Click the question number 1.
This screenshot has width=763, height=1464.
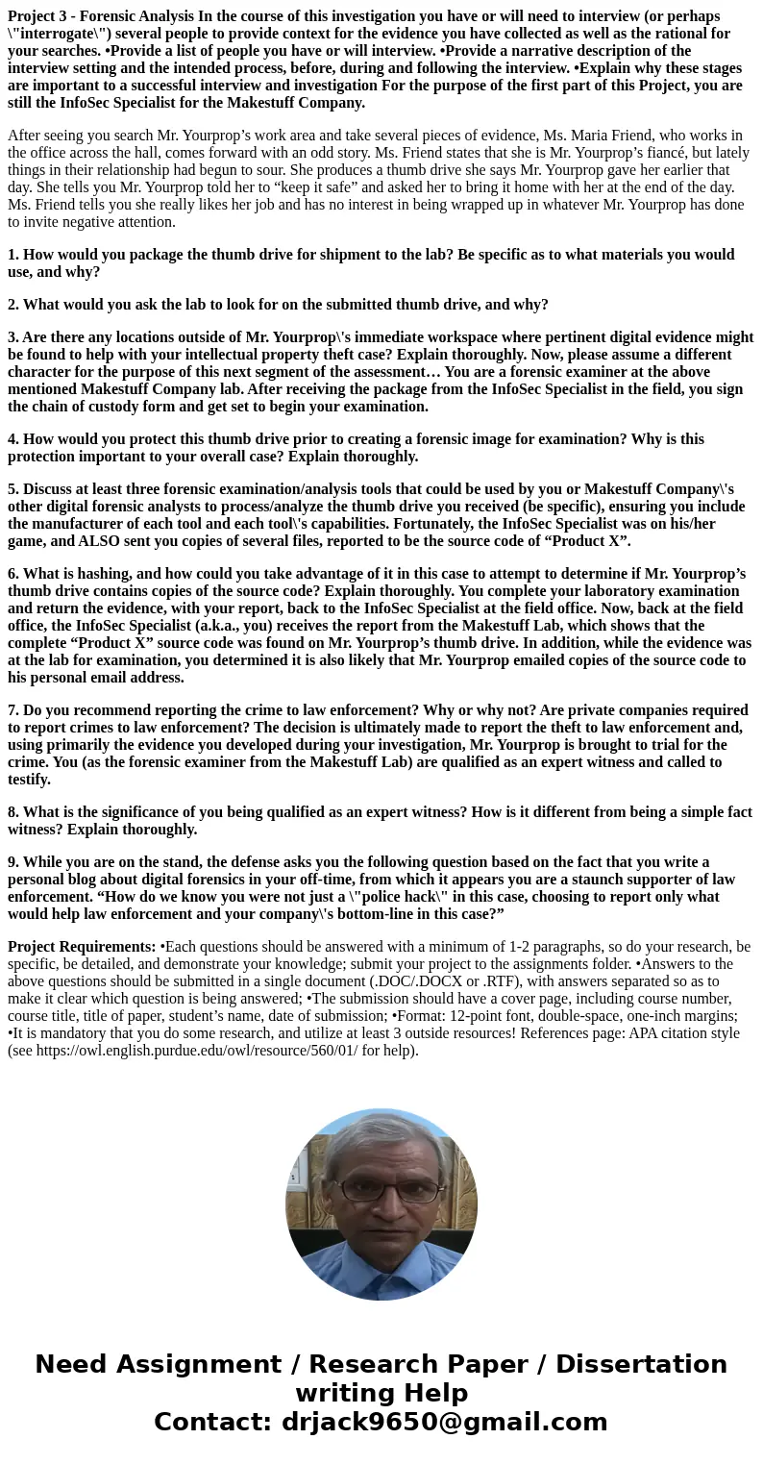click(x=12, y=255)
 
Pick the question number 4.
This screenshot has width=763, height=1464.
click(x=12, y=439)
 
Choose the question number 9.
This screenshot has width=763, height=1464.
click(x=12, y=862)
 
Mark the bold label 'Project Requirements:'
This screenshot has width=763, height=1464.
click(x=82, y=947)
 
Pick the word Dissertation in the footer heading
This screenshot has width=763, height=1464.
click(x=641, y=1365)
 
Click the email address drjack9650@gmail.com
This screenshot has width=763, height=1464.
click(x=444, y=1423)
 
